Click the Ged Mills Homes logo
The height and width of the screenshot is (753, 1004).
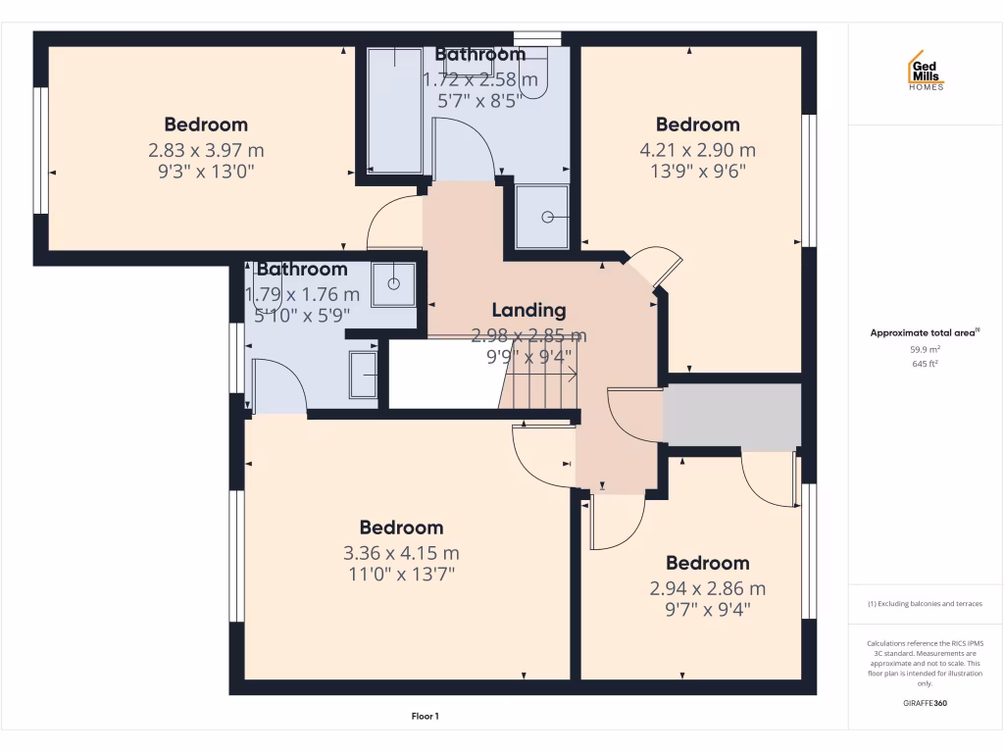click(925, 71)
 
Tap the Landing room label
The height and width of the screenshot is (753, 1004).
click(528, 310)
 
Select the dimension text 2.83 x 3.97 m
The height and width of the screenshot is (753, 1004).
click(206, 150)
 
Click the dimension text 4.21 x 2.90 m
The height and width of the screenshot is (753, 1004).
click(697, 150)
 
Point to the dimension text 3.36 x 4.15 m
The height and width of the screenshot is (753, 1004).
click(401, 552)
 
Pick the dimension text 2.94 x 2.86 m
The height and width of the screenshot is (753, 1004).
click(707, 588)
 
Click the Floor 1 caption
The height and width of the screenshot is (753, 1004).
click(425, 717)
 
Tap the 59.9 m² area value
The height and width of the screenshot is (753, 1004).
click(925, 349)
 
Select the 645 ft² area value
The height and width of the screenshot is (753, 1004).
click(925, 364)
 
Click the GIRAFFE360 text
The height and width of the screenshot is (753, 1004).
click(925, 703)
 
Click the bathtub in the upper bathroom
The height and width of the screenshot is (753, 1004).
click(394, 110)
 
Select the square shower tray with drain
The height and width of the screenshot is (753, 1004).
click(541, 215)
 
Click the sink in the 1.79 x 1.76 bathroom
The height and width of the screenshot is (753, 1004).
click(393, 283)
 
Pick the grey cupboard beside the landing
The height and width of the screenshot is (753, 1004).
click(731, 416)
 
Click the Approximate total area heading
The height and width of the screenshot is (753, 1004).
click(925, 333)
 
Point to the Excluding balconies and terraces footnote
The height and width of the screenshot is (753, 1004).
click(925, 604)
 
